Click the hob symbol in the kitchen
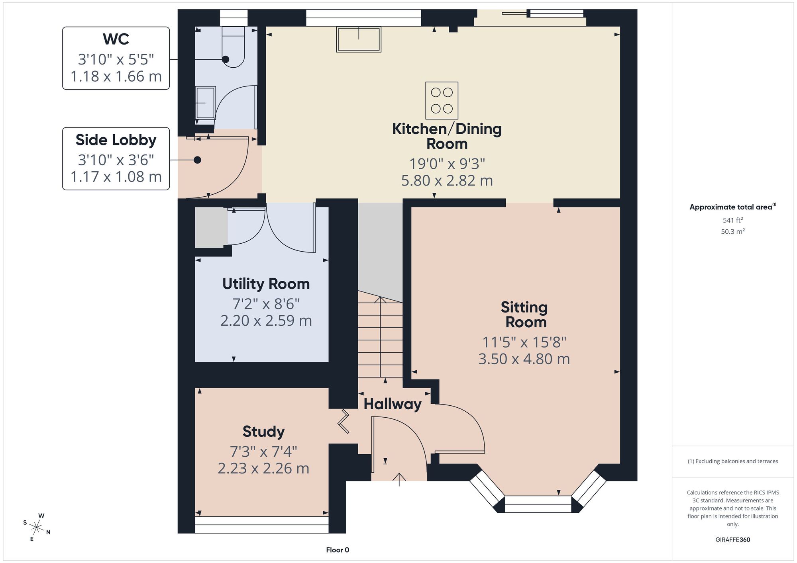point(442,100)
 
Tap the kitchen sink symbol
point(359,39)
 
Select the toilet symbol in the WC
point(233,47)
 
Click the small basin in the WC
point(206,103)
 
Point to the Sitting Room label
point(524,315)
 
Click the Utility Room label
point(266,284)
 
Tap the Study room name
point(263,432)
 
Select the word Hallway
point(393,405)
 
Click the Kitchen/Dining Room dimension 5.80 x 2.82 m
point(447,181)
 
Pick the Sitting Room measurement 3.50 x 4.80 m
point(524,359)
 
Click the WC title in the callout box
point(116,39)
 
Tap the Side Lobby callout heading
point(116,140)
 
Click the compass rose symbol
point(37,528)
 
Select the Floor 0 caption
point(338,550)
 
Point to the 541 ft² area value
point(733,220)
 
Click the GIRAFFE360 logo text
point(733,540)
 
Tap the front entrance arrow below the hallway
point(399,480)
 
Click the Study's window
point(262,525)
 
